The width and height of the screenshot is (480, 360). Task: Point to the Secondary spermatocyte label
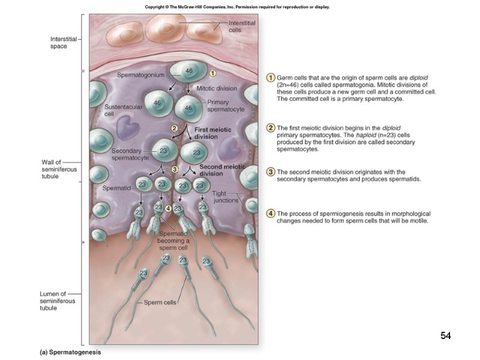click(130, 154)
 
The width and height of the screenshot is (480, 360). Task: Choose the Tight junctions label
click(226, 197)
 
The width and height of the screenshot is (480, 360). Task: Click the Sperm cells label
click(160, 302)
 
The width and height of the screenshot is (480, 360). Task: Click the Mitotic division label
click(217, 88)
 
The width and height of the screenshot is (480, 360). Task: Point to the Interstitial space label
click(62, 43)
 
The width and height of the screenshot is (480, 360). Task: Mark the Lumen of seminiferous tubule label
click(58, 301)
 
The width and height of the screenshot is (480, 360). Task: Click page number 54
click(445, 335)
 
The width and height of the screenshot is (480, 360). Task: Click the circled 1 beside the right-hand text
click(271, 78)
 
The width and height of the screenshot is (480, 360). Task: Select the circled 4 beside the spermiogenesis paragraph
click(271, 214)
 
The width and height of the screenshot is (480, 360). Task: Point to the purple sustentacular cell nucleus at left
click(127, 127)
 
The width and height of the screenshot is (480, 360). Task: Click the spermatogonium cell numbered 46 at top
click(188, 71)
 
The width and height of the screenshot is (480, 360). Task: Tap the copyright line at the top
click(238, 7)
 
